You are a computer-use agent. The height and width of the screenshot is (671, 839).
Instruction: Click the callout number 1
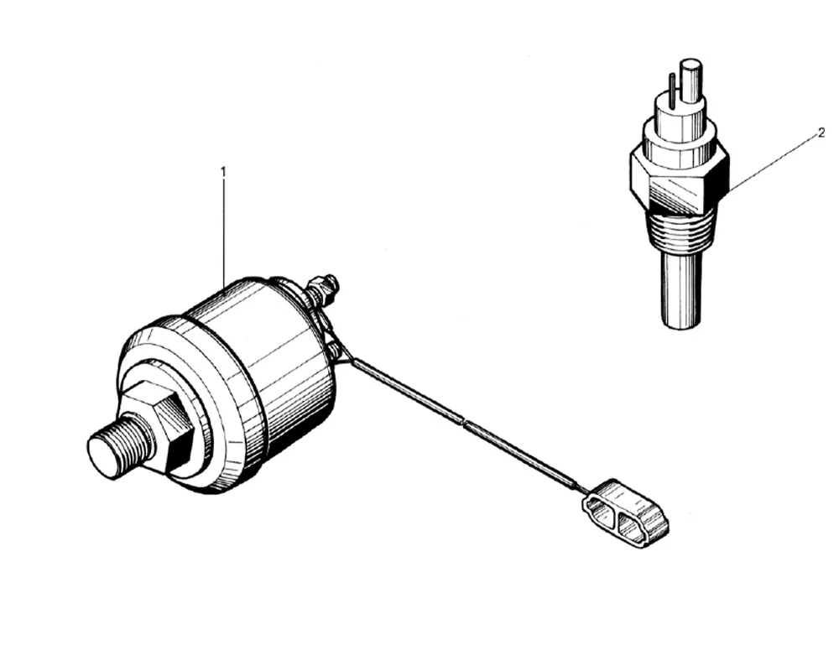tap(223, 171)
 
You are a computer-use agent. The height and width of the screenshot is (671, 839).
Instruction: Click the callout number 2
tap(822, 133)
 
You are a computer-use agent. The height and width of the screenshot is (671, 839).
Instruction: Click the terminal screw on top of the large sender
tap(323, 289)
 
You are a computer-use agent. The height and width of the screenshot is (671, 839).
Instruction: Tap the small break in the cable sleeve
tap(464, 423)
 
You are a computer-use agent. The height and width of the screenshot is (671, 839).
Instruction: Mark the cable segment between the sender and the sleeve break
tap(403, 389)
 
